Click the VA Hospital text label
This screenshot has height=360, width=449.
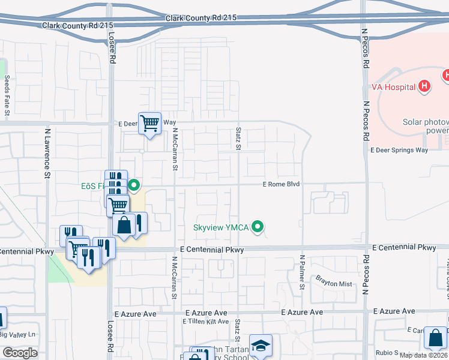[x=393, y=87]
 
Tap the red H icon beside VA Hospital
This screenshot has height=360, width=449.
[x=424, y=86]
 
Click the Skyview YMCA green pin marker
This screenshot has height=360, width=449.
[x=258, y=227]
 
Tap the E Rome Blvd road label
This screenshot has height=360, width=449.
[x=281, y=184]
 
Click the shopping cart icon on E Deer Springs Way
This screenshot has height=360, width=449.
[x=149, y=124]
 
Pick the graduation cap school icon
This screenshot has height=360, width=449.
[x=261, y=346]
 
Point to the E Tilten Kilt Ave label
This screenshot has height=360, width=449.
[x=205, y=322]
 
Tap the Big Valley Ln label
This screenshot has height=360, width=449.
[x=18, y=334]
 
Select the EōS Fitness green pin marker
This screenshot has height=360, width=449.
[x=135, y=186]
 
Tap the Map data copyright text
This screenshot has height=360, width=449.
[x=423, y=355]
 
